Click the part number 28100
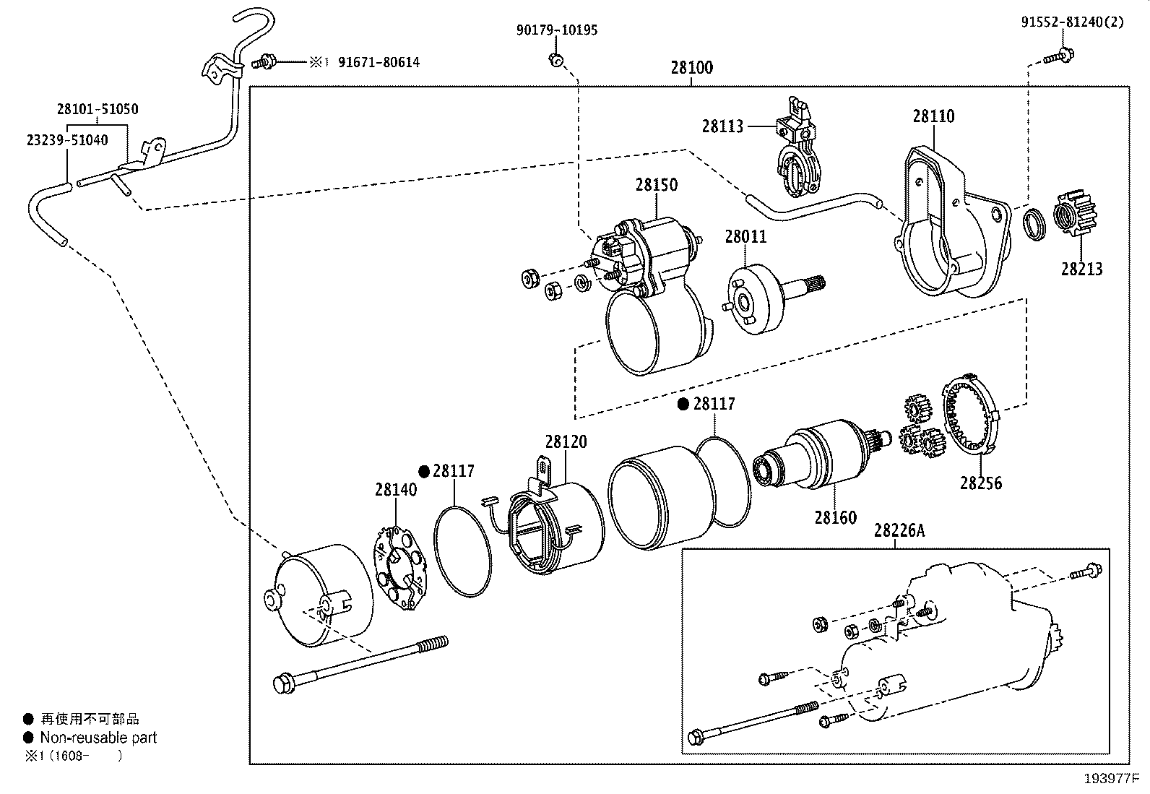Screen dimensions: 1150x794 coord(691,68)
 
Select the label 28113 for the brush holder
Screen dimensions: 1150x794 coord(722,126)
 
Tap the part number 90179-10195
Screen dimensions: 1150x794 coord(557,30)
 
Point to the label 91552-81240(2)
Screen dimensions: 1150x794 coord(1072,22)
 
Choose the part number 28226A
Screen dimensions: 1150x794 coord(899,530)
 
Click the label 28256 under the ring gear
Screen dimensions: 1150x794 coord(980,483)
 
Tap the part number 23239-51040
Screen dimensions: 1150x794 coord(67,140)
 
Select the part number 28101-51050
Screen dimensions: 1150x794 coord(98,109)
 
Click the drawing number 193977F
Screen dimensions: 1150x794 coord(1112,779)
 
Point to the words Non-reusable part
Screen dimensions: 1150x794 coord(98,738)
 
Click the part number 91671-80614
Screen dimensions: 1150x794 coord(379,63)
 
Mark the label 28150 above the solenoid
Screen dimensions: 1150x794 coord(656,185)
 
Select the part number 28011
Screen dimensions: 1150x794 coord(745,237)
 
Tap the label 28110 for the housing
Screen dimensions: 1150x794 coord(933,116)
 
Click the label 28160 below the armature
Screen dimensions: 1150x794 coord(835,518)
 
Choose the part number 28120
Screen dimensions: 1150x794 coord(566,441)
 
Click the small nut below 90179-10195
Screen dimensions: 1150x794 coord(555,59)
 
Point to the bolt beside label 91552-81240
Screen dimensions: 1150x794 coord(1058,56)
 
